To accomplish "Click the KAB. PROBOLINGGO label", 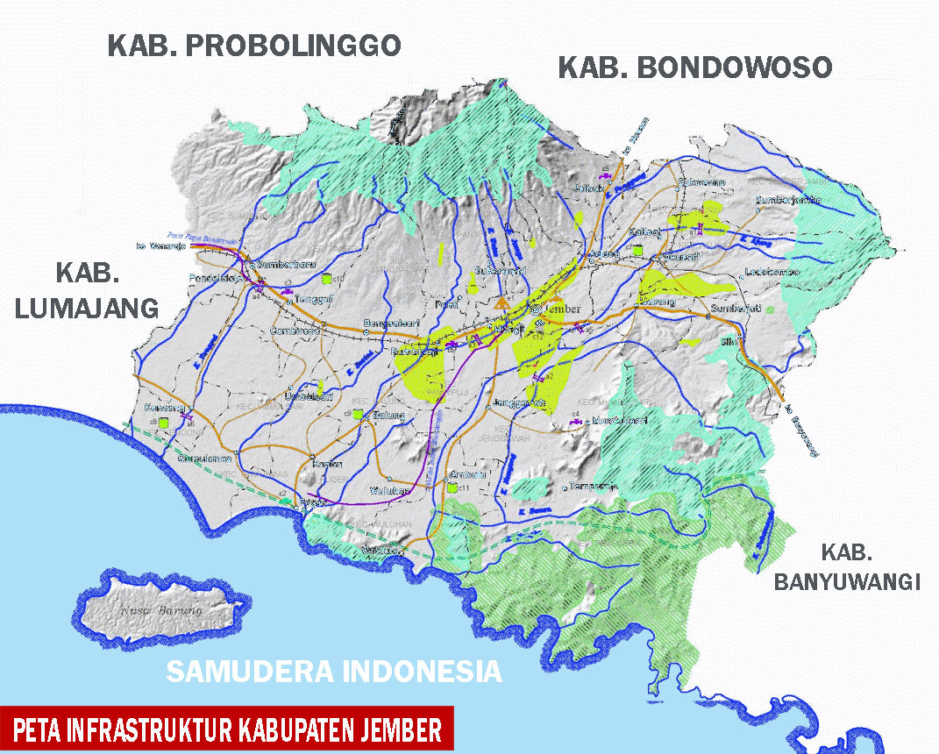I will (254, 46).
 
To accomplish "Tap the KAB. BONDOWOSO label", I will (695, 68).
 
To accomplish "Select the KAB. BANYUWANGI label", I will (847, 567).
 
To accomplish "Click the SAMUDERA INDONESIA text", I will (334, 672).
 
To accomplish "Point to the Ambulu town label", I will (461, 475).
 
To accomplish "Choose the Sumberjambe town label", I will (788, 200).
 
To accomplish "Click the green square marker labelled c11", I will (452, 489).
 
